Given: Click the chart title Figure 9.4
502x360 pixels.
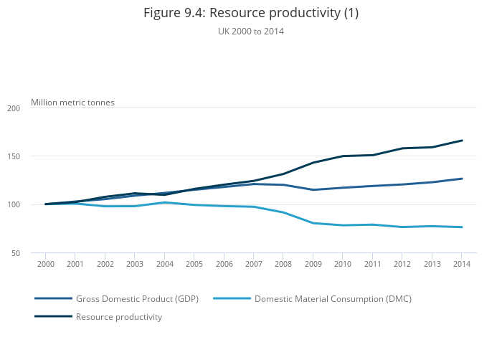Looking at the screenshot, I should [x=250, y=13].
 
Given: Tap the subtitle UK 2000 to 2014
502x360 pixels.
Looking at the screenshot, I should [x=250, y=31].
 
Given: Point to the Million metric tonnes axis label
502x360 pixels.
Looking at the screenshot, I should [x=72, y=103].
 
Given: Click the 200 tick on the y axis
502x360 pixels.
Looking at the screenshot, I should [x=14, y=108].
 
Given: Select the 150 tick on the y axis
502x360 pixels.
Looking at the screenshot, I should [x=14, y=156].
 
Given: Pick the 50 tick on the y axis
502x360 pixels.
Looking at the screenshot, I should [x=16, y=253].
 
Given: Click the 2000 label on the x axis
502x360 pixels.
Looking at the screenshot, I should [x=45, y=264].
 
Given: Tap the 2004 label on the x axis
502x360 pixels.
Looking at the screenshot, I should [x=164, y=264].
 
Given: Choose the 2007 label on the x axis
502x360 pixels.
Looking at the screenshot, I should [x=253, y=264].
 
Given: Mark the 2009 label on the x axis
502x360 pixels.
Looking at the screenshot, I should [x=313, y=264].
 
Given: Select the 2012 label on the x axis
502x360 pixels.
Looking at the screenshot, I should [x=402, y=264].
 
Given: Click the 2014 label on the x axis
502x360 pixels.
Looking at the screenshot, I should [x=462, y=264].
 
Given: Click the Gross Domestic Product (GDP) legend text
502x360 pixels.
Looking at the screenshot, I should [x=137, y=298].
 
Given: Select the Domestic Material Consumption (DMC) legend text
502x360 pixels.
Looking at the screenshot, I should [x=333, y=298].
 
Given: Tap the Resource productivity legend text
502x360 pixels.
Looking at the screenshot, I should [x=119, y=316].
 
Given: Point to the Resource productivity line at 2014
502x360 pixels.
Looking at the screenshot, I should [x=462, y=141].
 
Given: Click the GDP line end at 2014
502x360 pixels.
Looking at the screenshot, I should [x=462, y=179].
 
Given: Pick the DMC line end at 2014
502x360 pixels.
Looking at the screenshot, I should [x=462, y=227].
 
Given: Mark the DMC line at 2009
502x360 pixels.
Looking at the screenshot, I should [x=313, y=223].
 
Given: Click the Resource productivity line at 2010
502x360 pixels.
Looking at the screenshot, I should [x=343, y=156].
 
